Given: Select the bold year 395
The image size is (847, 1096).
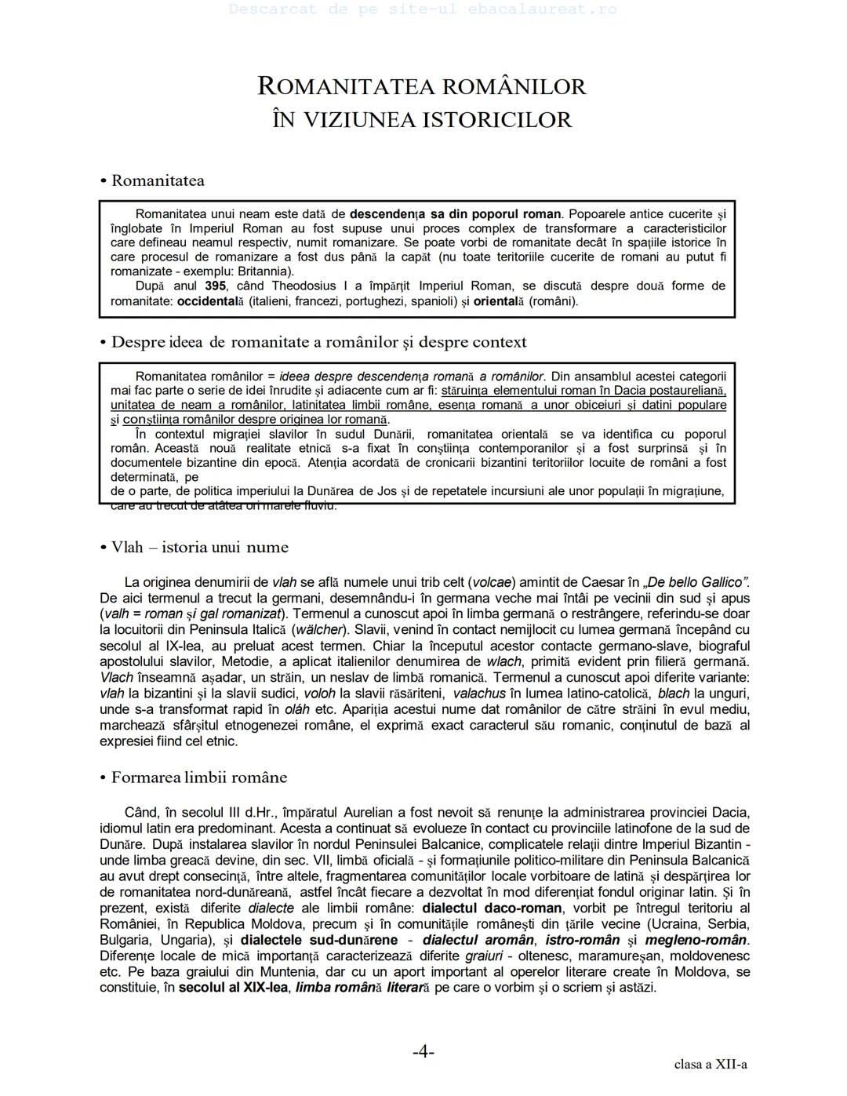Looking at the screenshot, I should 216,286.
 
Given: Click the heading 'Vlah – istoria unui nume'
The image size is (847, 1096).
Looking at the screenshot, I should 199,547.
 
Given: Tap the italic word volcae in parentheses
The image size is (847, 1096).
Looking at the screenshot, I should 493,582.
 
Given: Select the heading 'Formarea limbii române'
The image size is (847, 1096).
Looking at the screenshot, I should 199,777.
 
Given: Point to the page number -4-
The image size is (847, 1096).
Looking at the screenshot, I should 423,1051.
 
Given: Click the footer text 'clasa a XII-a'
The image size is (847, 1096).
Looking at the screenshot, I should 710,1065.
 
